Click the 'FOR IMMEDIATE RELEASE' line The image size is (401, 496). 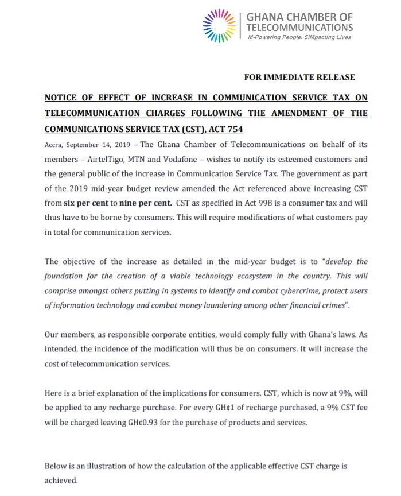pyautogui.click(x=299, y=77)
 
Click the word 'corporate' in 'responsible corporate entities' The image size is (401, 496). pyautogui.click(x=165, y=334)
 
